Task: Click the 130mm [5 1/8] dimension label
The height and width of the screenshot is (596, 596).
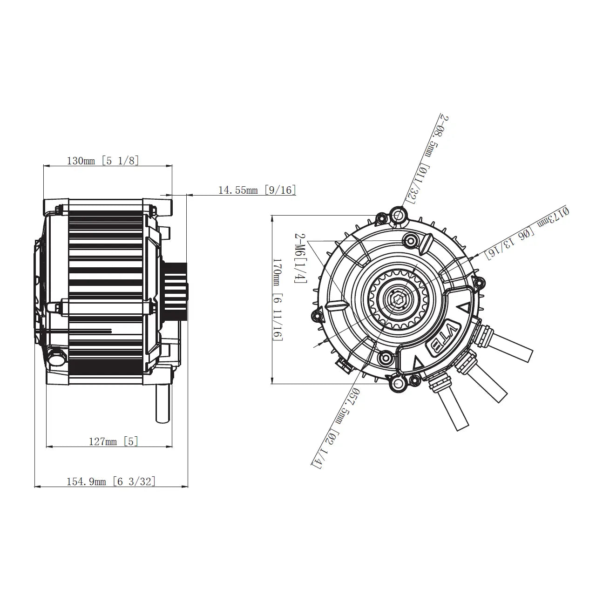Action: click(103, 161)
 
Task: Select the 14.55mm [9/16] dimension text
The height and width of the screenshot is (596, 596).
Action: click(257, 190)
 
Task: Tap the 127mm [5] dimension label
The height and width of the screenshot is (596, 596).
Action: click(114, 441)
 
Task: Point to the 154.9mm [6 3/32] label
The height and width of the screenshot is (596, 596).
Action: click(111, 481)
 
